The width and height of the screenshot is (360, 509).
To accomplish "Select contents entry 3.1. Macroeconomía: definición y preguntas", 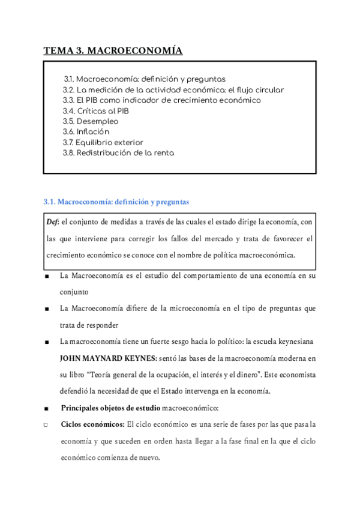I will coord(145,79).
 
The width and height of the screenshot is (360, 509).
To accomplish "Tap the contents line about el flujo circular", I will coord(173,89).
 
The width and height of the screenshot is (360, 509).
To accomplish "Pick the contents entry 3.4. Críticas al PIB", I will coord(95,111).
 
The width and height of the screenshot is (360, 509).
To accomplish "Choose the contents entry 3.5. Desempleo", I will coord(91,121).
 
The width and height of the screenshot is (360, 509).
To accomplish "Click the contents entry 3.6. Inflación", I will coord(86,131).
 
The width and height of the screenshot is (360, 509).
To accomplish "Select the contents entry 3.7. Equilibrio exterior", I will coord(103,142).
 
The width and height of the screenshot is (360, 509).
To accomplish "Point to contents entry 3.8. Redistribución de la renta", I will coord(118,153).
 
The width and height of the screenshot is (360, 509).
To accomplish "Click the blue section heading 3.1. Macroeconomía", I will coord(117,201).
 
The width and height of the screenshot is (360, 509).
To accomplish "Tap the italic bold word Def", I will coord(53,222).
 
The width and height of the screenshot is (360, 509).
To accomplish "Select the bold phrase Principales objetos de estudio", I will coord(110,408).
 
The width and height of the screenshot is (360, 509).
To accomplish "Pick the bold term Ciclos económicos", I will coord(92,424).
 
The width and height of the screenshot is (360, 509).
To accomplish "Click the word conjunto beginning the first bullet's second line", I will coord(75,292).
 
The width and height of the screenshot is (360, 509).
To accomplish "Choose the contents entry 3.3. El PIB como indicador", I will coord(161,100).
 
